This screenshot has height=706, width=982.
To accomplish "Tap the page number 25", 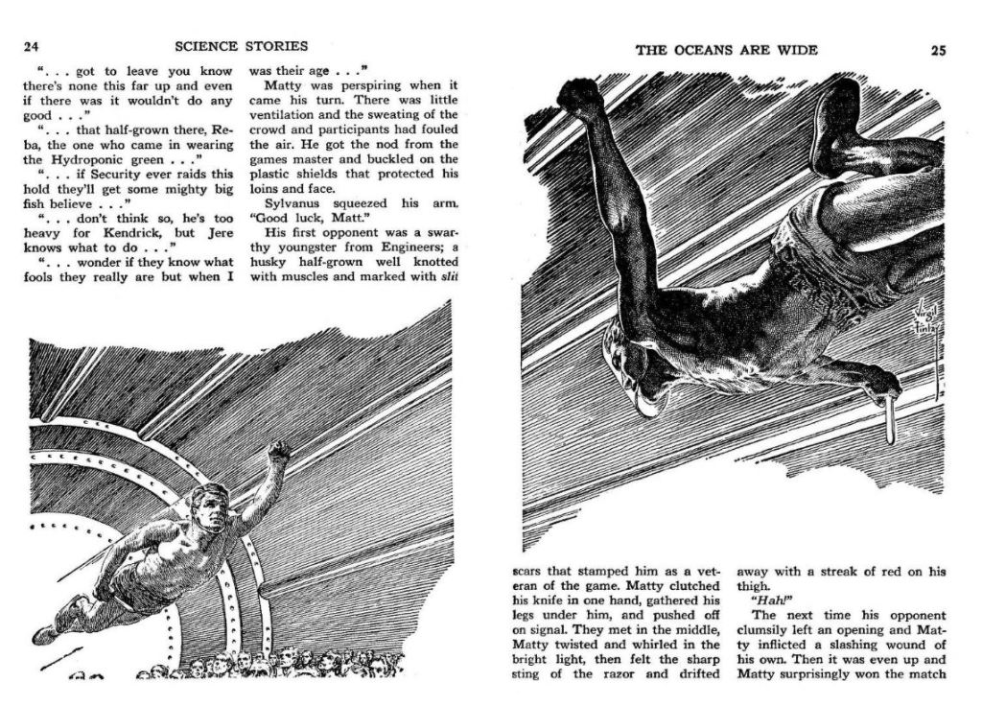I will [938, 51].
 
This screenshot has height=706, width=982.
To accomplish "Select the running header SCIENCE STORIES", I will [242, 46].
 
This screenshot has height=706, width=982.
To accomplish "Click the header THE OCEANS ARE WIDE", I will [727, 51].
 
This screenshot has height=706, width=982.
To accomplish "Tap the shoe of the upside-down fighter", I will [836, 125].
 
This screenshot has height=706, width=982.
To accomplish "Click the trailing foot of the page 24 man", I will [45, 633].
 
